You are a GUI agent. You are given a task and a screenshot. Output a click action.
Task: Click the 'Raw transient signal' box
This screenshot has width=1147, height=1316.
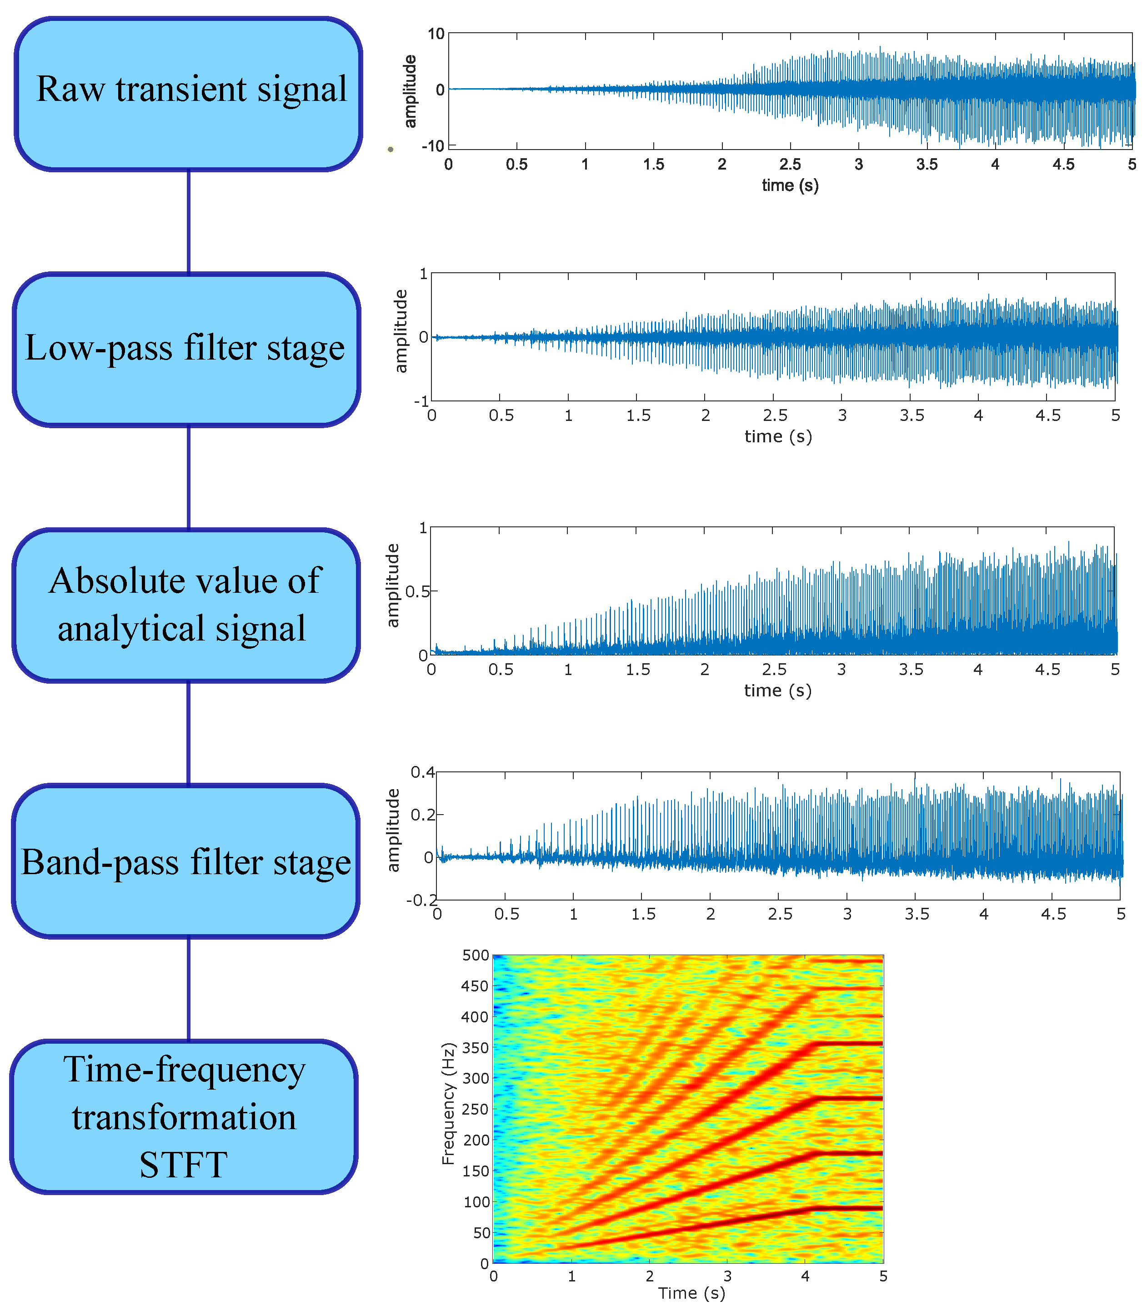(189, 94)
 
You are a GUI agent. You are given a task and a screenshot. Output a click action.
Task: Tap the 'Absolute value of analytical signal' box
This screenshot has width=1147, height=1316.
(185, 605)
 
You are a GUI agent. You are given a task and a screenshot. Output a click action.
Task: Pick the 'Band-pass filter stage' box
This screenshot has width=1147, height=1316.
(185, 861)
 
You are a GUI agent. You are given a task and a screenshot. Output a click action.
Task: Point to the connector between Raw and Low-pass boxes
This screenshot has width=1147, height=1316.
(188, 221)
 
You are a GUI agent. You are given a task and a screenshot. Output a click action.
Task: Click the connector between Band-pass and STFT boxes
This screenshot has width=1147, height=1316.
(188, 988)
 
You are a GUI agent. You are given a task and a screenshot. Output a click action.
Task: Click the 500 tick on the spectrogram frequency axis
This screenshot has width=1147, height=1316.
(476, 956)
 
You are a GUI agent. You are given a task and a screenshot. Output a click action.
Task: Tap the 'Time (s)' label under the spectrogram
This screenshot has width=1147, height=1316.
(691, 1293)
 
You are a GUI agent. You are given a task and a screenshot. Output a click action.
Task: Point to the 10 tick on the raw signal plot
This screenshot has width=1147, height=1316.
(436, 34)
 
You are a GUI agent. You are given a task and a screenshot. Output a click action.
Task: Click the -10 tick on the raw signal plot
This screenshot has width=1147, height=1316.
(433, 146)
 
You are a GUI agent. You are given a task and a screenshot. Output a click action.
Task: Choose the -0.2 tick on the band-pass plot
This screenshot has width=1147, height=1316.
(421, 900)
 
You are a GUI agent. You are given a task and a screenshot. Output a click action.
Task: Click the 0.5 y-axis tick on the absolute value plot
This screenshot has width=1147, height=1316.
(417, 591)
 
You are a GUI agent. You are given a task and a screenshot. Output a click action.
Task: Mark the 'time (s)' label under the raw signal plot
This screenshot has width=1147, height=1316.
(790, 185)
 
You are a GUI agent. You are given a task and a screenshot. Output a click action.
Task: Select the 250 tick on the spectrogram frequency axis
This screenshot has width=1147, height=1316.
(476, 1109)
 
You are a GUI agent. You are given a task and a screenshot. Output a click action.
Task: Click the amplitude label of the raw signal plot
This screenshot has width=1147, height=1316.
(410, 91)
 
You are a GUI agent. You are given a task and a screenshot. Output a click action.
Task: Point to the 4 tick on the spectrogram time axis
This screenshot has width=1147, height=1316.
(805, 1276)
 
